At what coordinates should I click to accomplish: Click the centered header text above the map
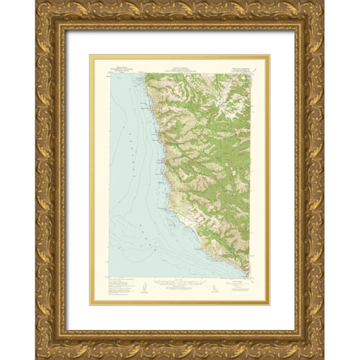180,70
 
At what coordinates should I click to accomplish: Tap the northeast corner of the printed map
250,73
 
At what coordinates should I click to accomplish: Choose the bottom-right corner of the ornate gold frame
325,358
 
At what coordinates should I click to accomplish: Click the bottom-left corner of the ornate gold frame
35,358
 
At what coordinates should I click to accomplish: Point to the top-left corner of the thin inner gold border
91,55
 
